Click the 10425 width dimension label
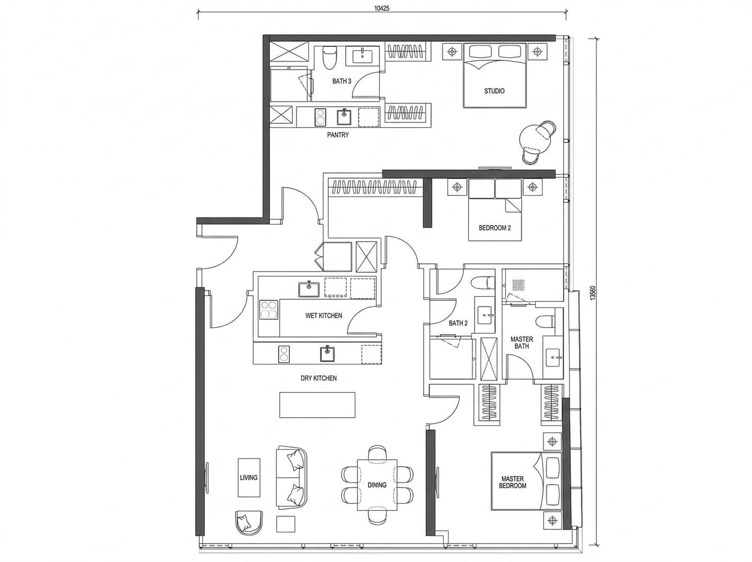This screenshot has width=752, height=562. click(x=382, y=8)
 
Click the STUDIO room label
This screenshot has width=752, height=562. click(x=494, y=91)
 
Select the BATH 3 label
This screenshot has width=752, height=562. click(x=342, y=81)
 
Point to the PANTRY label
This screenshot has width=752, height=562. click(x=338, y=135)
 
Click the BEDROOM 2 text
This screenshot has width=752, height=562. click(x=495, y=228)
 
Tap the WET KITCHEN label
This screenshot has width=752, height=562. click(x=324, y=315)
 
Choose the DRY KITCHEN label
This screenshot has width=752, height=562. click(x=319, y=378)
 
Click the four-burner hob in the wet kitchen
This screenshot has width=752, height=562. click(x=268, y=309)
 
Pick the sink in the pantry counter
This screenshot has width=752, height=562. click(x=344, y=117)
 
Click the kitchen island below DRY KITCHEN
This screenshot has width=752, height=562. click(x=317, y=405)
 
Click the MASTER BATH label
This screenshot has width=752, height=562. click(x=521, y=342)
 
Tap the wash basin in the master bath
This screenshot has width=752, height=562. click(x=553, y=357)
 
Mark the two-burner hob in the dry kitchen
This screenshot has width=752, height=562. click(x=284, y=354)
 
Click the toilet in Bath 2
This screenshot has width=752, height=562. click(x=484, y=283)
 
